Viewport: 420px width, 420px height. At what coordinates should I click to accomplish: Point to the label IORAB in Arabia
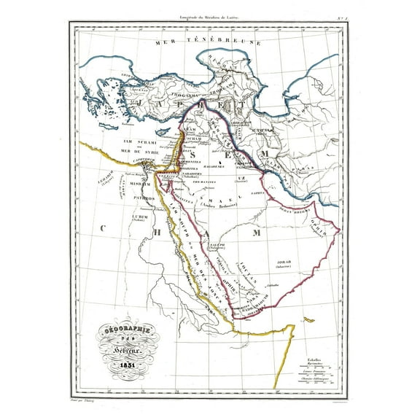(284, 260)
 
